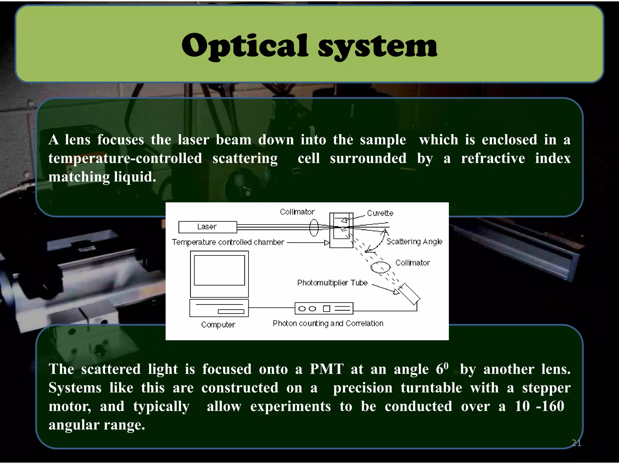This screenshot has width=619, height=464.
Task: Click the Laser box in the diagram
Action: tap(207, 227)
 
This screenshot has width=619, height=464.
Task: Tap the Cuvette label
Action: tap(380, 213)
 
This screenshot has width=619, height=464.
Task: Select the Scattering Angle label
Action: tap(414, 242)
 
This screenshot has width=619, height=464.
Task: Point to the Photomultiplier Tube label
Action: tap(332, 283)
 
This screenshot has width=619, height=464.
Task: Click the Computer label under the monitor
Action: tap(218, 325)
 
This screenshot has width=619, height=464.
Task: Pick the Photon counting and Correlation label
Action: tap(328, 324)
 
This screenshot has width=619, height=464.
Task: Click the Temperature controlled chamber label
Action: tap(228, 242)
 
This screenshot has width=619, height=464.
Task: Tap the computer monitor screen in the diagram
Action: tap(219, 270)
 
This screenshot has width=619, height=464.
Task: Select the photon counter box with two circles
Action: tap(324, 308)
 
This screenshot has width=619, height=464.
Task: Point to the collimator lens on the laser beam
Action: tap(314, 227)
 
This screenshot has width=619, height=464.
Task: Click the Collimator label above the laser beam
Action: tap(297, 212)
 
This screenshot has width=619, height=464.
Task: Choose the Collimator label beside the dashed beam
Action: tap(412, 263)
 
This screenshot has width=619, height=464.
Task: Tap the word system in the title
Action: tap(377, 47)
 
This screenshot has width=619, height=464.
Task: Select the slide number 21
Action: tap(576, 443)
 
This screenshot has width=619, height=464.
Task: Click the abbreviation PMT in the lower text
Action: tap(327, 369)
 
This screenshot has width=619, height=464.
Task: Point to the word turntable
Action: tap(431, 388)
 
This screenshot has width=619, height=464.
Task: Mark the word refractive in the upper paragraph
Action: tap(493, 158)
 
